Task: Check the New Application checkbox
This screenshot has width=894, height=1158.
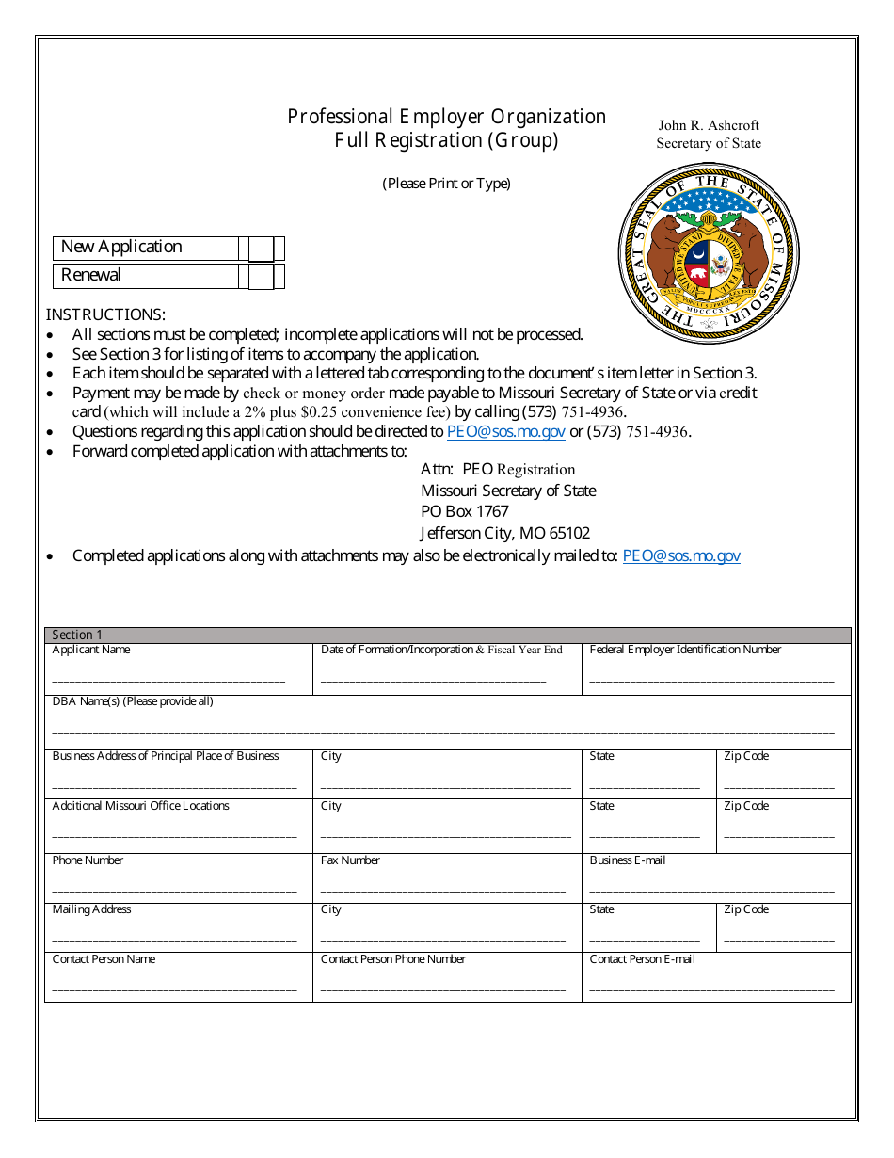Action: pyautogui.click(x=262, y=249)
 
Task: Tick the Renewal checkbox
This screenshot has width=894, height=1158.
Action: pyautogui.click(x=262, y=277)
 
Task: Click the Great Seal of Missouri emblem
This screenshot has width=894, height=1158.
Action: pyautogui.click(x=709, y=253)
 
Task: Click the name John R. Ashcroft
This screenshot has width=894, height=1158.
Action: pyautogui.click(x=709, y=125)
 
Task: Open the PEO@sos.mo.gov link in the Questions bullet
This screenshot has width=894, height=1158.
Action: pyautogui.click(x=506, y=432)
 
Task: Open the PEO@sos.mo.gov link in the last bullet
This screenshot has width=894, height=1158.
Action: pyautogui.click(x=681, y=556)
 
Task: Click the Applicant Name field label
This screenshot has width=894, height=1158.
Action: pyautogui.click(x=91, y=651)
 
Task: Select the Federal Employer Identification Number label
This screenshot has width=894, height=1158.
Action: pyautogui.click(x=685, y=651)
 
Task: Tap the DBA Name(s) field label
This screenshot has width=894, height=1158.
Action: pyautogui.click(x=133, y=701)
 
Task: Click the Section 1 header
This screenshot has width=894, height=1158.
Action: pyautogui.click(x=77, y=635)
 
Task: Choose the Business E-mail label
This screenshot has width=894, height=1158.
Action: pyautogui.click(x=628, y=860)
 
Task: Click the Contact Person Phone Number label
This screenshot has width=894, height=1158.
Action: pyautogui.click(x=393, y=959)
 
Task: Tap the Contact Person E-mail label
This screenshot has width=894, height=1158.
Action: pyautogui.click(x=643, y=959)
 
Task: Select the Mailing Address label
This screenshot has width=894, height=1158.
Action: pyautogui.click(x=92, y=909)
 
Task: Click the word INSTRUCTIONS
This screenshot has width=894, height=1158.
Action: pyautogui.click(x=105, y=315)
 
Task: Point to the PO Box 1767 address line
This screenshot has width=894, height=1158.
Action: pyautogui.click(x=465, y=512)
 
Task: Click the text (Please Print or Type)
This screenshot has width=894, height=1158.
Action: pyautogui.click(x=446, y=184)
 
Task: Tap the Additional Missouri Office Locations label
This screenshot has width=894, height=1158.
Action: pyautogui.click(x=141, y=806)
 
